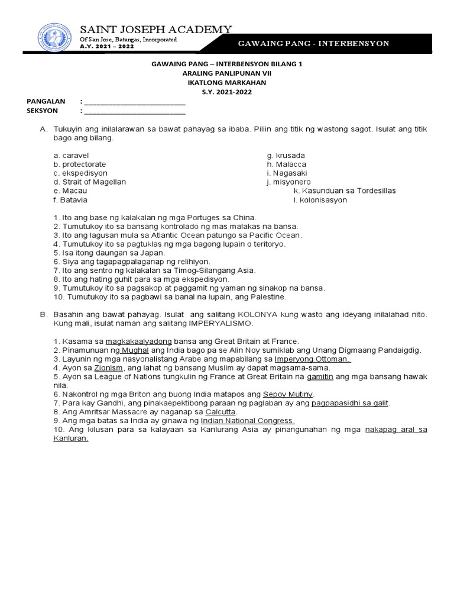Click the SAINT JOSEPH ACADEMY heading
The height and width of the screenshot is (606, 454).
click(156, 30)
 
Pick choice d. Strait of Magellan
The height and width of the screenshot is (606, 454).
click(89, 182)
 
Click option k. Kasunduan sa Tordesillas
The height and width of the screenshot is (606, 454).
click(345, 191)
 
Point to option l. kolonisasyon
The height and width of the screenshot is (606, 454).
click(320, 200)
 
